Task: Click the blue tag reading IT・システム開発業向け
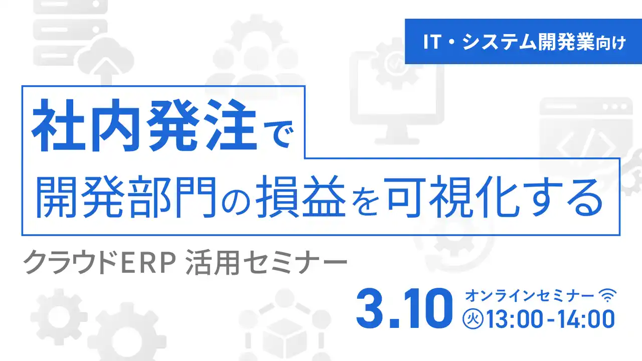(524, 42)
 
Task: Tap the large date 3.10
(401, 307)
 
